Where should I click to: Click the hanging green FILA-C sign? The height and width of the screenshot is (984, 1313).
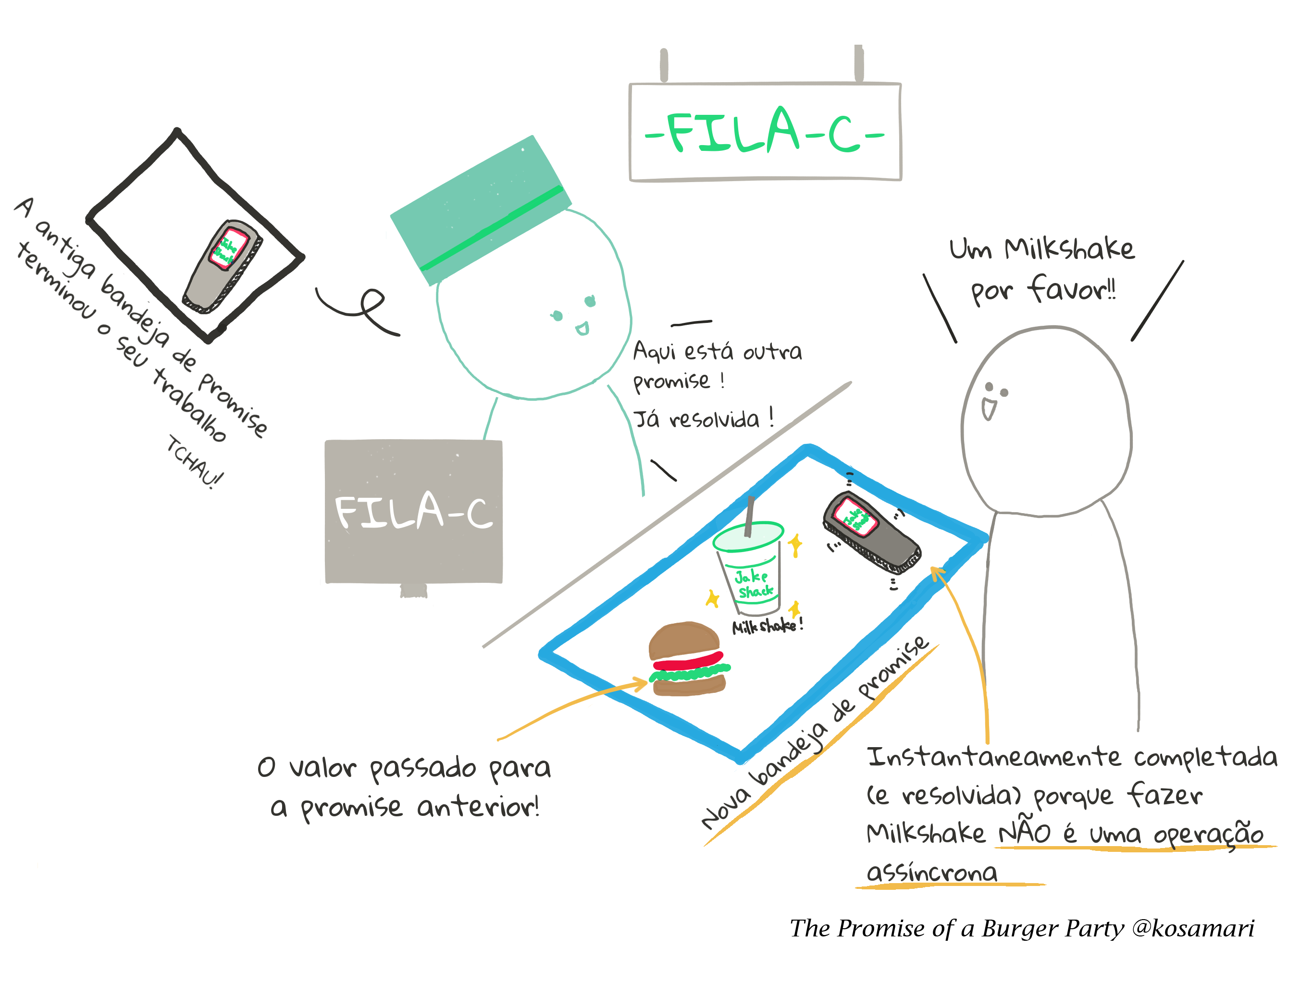tap(765, 132)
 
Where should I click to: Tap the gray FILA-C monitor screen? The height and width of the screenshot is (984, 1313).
tap(414, 512)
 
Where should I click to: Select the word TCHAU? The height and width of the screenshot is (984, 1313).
tap(194, 462)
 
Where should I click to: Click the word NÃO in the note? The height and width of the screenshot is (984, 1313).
tap(1025, 832)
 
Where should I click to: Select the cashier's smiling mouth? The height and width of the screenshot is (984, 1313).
tap(582, 328)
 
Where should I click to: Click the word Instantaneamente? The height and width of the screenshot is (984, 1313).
tap(994, 758)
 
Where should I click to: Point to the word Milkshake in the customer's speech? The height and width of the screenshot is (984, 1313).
tap(1069, 249)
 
